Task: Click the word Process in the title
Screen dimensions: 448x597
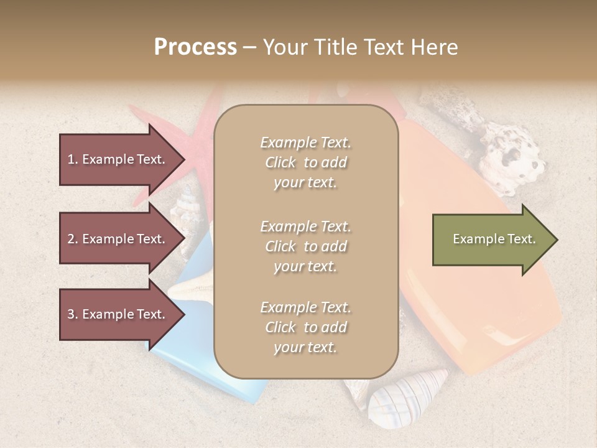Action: (x=195, y=47)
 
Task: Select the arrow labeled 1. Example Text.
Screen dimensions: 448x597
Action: (x=118, y=159)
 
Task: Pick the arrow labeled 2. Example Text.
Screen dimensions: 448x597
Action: (x=118, y=239)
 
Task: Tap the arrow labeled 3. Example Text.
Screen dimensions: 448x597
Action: (x=118, y=314)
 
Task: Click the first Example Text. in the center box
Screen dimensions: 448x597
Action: (x=305, y=142)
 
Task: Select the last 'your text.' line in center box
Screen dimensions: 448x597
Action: (x=305, y=347)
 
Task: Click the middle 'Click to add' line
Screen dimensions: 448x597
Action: (x=305, y=246)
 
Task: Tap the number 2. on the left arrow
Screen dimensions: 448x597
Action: (x=72, y=239)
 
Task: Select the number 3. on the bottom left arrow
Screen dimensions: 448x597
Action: (x=72, y=314)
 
